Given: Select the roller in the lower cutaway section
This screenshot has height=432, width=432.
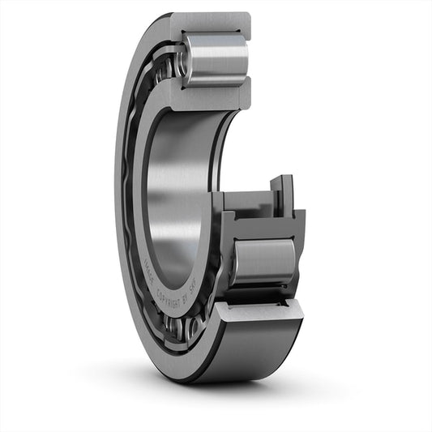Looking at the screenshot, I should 264,261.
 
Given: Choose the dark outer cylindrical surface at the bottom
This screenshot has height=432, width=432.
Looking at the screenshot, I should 243,357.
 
